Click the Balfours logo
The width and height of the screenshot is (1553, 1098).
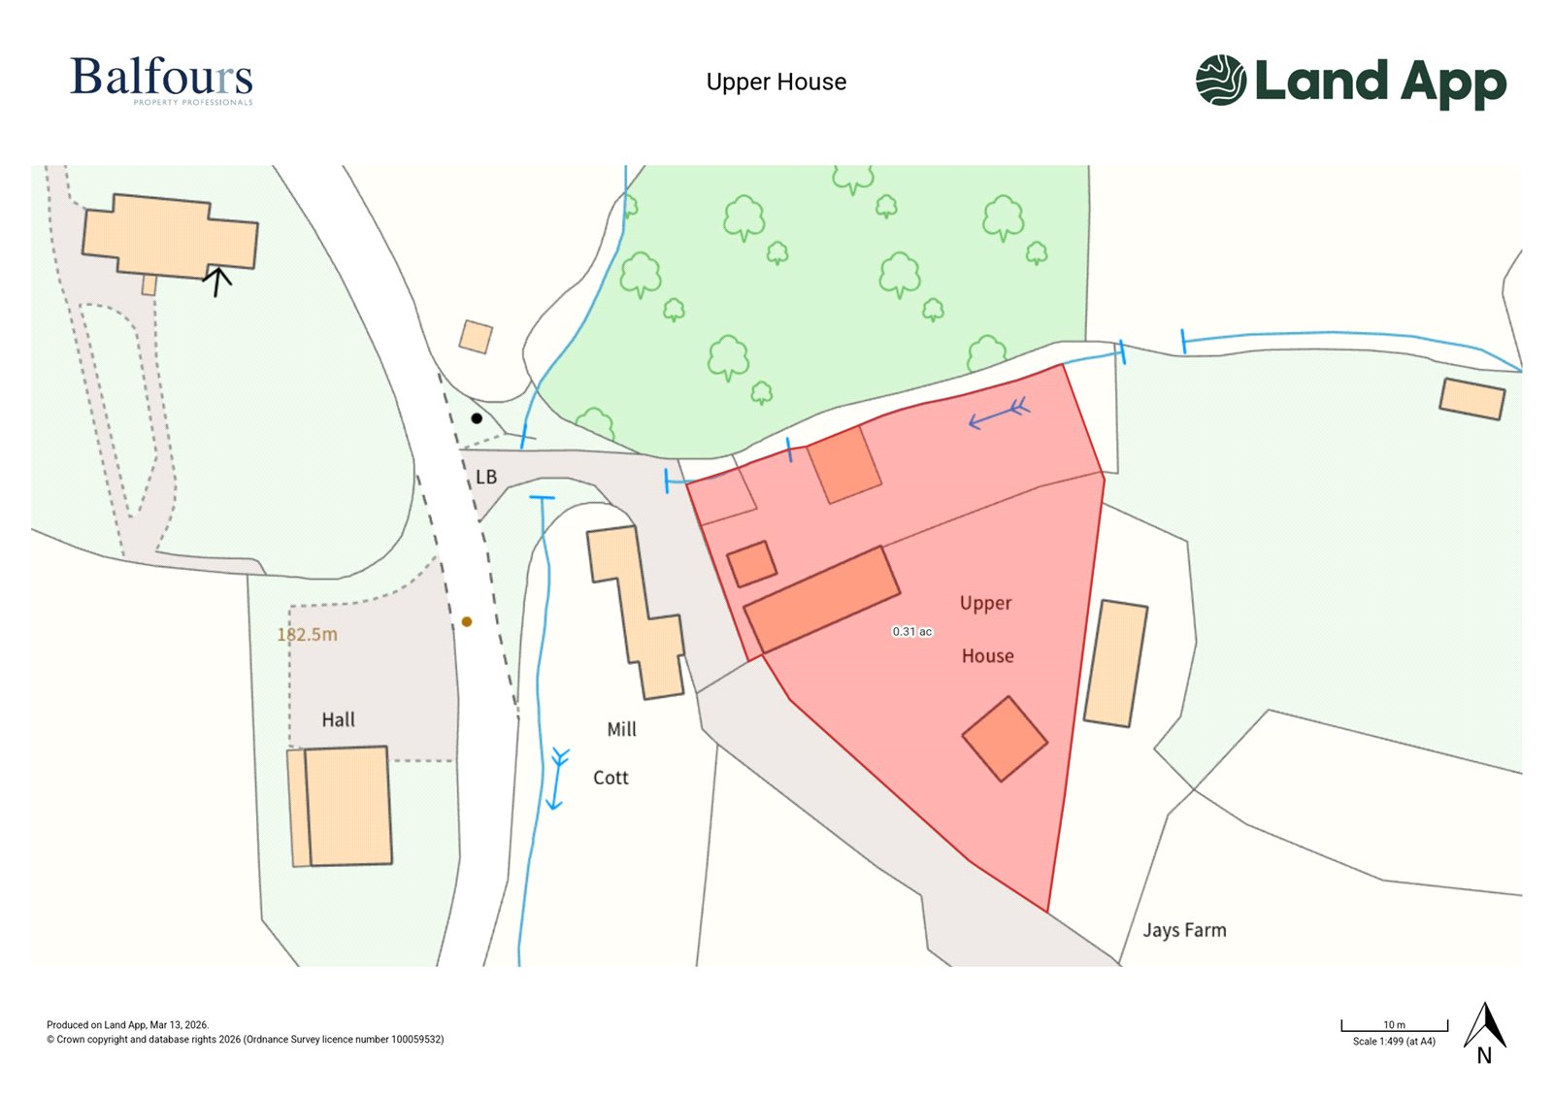[x=161, y=80]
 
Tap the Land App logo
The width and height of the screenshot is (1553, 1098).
[x=1350, y=81]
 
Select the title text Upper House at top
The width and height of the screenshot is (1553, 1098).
[x=776, y=83]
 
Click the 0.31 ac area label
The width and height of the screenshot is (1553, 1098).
[x=911, y=632]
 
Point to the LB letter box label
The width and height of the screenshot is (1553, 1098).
[x=486, y=478]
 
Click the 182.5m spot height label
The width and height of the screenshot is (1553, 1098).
[x=307, y=635]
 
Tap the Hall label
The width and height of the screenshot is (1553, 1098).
[x=338, y=719]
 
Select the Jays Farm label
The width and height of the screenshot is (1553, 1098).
[x=1184, y=930]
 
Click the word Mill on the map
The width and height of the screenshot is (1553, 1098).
[x=621, y=729]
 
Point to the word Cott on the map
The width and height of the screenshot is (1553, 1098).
[x=611, y=778]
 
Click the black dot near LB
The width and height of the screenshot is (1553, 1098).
[x=477, y=418]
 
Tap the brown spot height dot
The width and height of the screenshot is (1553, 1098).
[x=467, y=621]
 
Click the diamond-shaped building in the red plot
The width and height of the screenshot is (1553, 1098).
[x=1005, y=739]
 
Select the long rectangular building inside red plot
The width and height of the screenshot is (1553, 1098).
[x=821, y=599]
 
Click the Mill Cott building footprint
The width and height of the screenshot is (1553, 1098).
[x=636, y=612]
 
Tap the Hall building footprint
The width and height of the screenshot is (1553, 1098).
[x=347, y=805]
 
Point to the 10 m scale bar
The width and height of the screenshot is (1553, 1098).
[x=1394, y=1025]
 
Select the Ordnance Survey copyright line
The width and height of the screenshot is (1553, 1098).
[x=246, y=1040]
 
